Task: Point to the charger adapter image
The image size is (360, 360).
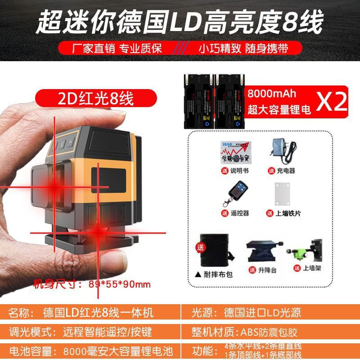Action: coord(281,151)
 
